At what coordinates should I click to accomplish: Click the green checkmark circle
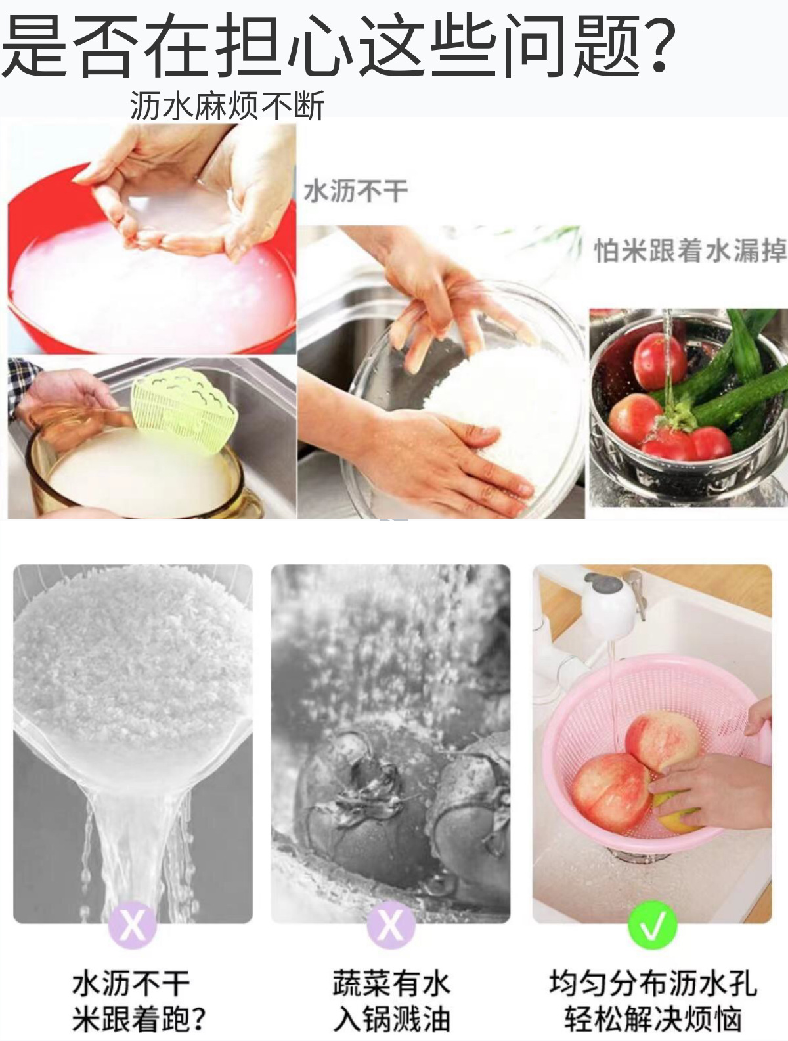tap(653, 925)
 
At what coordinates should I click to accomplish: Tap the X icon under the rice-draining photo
tap(132, 925)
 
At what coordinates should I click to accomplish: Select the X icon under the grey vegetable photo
tap(391, 925)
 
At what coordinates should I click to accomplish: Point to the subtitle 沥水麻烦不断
tap(227, 105)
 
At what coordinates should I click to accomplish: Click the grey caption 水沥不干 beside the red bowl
tap(356, 191)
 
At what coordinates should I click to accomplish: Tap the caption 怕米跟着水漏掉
tap(690, 250)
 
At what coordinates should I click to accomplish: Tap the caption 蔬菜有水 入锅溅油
tap(391, 1000)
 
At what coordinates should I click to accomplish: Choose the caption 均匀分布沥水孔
tap(653, 982)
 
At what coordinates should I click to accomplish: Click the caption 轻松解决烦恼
tap(653, 1018)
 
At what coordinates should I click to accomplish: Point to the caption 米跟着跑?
tap(139, 1018)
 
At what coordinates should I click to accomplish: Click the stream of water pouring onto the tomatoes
tap(668, 361)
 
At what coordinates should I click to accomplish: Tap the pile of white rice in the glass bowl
tap(502, 417)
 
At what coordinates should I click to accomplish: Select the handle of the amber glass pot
tap(249, 502)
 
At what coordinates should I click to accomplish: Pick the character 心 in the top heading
tap(322, 45)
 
